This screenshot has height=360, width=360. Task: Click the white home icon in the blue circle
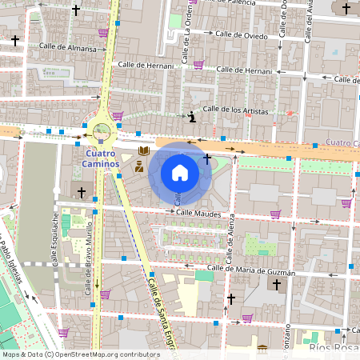pos(179,173)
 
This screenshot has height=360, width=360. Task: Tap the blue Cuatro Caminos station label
pos(101,158)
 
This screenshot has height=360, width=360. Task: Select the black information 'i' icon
pos(192,117)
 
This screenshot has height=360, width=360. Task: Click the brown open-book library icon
pos(144,150)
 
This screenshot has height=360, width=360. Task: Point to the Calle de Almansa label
pos(69,49)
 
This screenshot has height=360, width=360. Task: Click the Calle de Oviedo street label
pos(240,34)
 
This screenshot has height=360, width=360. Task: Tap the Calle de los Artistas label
pos(235,110)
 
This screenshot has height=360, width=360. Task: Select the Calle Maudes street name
pos(198,213)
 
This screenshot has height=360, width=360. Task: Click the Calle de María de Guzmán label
pos(250,270)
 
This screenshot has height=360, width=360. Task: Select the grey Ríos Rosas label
pos(331,349)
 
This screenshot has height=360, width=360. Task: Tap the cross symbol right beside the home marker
pos(207,158)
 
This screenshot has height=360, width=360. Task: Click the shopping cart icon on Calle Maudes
pos(275,214)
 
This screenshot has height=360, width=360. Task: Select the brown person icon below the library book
pos(139,166)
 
